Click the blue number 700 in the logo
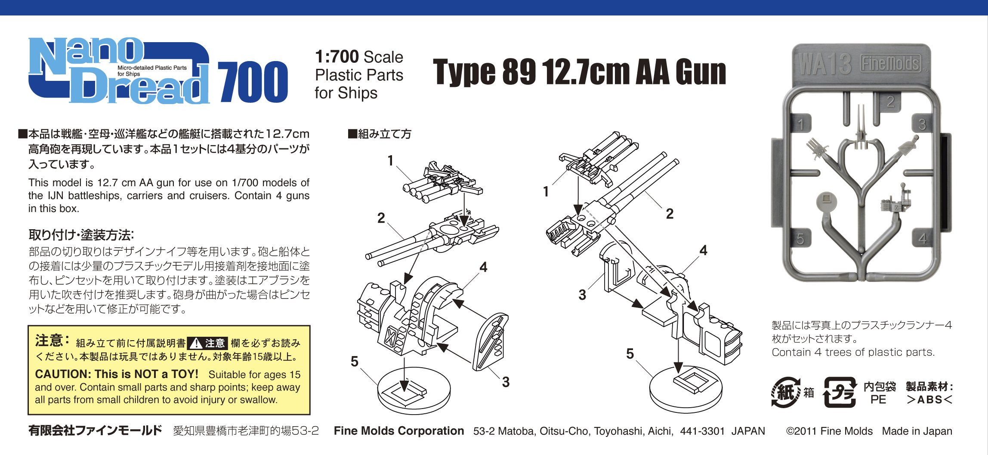(x=253, y=82)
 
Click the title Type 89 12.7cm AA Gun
(x=579, y=72)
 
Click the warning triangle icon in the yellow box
(x=196, y=343)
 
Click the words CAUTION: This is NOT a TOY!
(x=117, y=374)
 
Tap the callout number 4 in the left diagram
(x=483, y=267)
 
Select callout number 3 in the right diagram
(x=582, y=295)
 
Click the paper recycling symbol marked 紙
(x=786, y=392)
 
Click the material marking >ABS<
(x=929, y=400)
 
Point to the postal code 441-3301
(x=702, y=431)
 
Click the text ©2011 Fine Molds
(x=829, y=431)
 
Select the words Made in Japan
(x=917, y=431)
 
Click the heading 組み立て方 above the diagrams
(x=380, y=134)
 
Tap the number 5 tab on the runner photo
(x=800, y=239)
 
